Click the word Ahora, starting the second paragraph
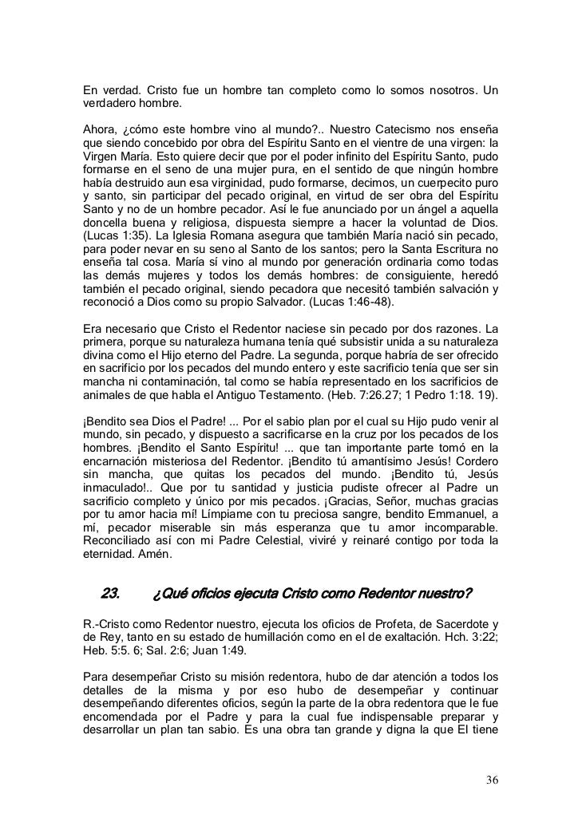(101, 130)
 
